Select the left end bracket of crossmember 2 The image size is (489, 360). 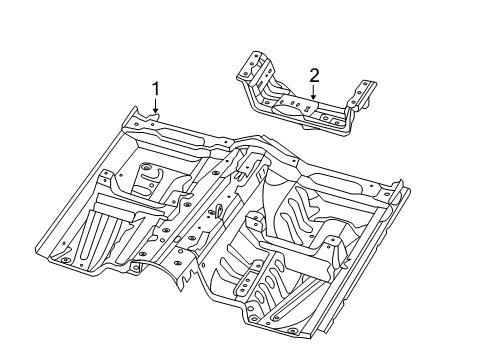click(x=251, y=68)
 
